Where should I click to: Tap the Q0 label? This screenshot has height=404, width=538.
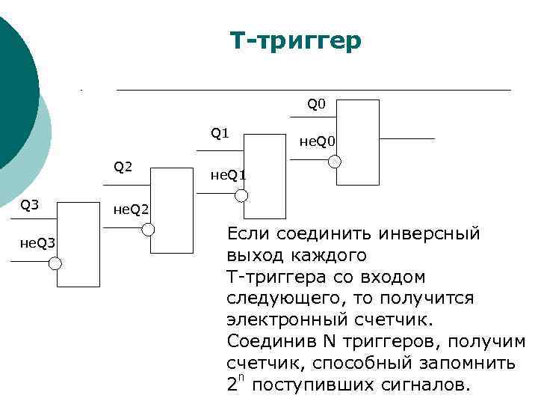(317, 104)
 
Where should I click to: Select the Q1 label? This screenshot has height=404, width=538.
(220, 134)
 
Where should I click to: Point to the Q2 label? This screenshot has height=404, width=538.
(123, 166)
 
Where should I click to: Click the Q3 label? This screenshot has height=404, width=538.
(30, 203)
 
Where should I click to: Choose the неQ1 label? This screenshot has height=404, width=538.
(228, 175)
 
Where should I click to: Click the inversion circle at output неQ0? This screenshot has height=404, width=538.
(336, 162)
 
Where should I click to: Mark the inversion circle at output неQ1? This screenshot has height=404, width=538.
(241, 196)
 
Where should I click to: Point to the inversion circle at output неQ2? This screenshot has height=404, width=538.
(148, 230)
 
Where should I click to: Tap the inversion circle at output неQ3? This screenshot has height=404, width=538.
(55, 263)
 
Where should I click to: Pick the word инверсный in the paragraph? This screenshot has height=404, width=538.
(430, 233)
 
